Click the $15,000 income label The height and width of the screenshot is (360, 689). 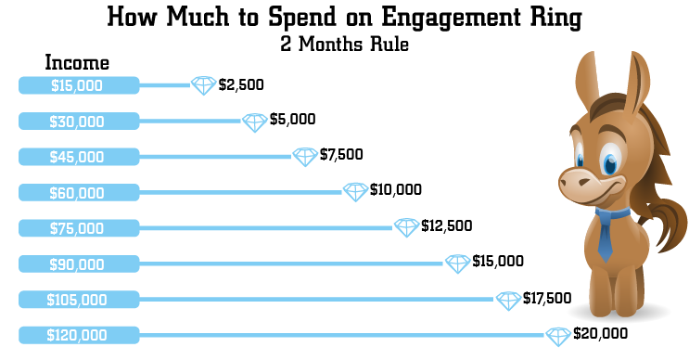coord(78,85)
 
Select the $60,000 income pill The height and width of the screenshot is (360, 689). coord(78,192)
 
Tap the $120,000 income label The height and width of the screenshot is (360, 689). coord(78,334)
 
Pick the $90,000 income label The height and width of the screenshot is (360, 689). coord(78,264)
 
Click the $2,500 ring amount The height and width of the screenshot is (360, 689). coord(242,85)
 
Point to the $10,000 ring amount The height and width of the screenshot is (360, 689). coord(396,190)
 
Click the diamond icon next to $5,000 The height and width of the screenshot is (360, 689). coord(255,122)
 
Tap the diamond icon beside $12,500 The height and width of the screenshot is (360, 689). coord(406,227)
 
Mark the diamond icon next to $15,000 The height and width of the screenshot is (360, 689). coord(457,264)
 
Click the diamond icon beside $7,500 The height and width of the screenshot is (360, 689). coord(305,156)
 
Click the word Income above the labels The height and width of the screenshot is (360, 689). coord(78,63)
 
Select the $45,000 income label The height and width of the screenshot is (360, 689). coord(78,157)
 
